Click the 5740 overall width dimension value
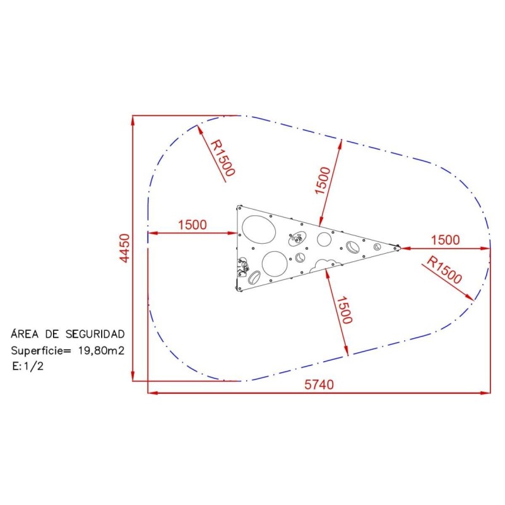[x=319, y=384]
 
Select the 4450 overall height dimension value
[x=124, y=248]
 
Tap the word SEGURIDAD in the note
[x=95, y=335]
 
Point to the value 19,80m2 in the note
[x=101, y=350]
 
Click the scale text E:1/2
[x=28, y=366]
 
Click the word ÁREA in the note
[x=25, y=334]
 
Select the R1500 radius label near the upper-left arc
[x=223, y=158]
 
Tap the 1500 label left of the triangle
[x=193, y=225]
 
